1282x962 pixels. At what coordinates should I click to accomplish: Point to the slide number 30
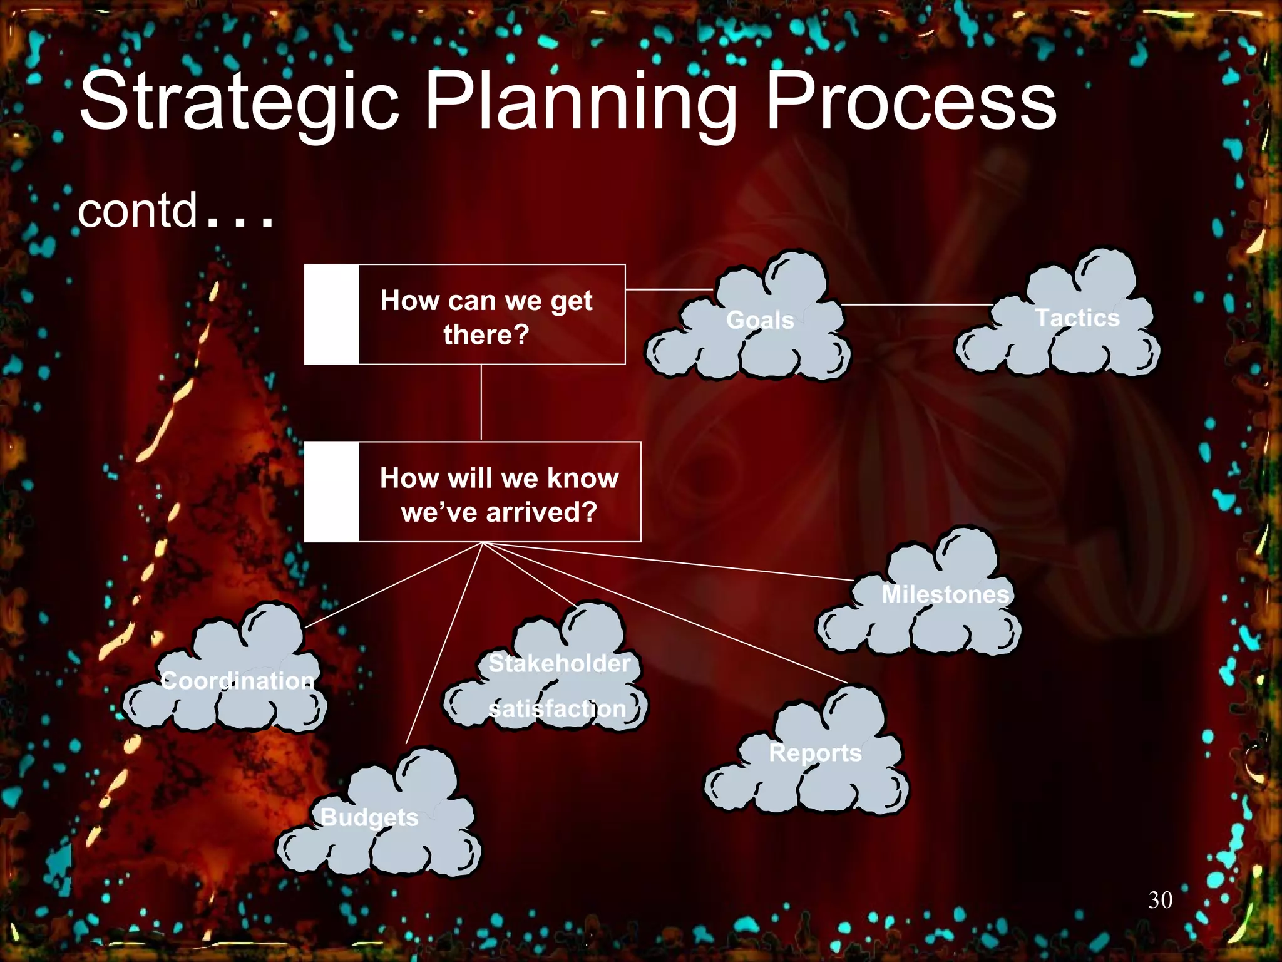click(x=1160, y=900)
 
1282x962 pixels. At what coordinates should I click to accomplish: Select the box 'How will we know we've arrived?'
click(x=499, y=495)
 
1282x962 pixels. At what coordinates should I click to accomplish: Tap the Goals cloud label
click(x=760, y=320)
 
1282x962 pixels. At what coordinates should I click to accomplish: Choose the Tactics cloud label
click(x=1077, y=318)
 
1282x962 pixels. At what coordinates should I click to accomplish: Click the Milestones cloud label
click(x=945, y=594)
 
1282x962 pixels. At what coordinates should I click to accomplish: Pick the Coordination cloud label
click(x=237, y=680)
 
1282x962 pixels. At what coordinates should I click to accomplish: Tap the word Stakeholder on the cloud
click(x=559, y=663)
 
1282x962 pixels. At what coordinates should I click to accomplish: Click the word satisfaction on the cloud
click(x=557, y=709)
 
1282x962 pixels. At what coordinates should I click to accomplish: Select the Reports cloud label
click(x=815, y=753)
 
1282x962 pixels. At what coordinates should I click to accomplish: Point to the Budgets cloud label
click(x=369, y=817)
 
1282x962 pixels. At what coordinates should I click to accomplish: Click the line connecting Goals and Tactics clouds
click(x=917, y=304)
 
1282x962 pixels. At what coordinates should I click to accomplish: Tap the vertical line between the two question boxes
click(x=481, y=403)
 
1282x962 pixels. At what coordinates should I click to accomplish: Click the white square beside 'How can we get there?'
click(x=331, y=314)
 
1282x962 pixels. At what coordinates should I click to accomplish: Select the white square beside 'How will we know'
click(x=331, y=492)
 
